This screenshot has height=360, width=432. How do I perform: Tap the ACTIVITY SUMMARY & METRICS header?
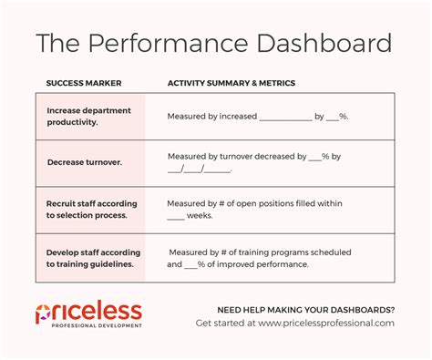231,83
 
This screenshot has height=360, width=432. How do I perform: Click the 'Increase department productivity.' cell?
89,116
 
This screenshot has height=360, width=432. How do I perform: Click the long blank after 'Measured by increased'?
285,118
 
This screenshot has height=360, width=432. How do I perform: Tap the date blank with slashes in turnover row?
200,169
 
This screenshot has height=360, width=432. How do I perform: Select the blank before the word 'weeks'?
176,217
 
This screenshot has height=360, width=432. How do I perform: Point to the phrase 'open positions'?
264,204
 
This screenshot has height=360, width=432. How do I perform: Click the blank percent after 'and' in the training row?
192,264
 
